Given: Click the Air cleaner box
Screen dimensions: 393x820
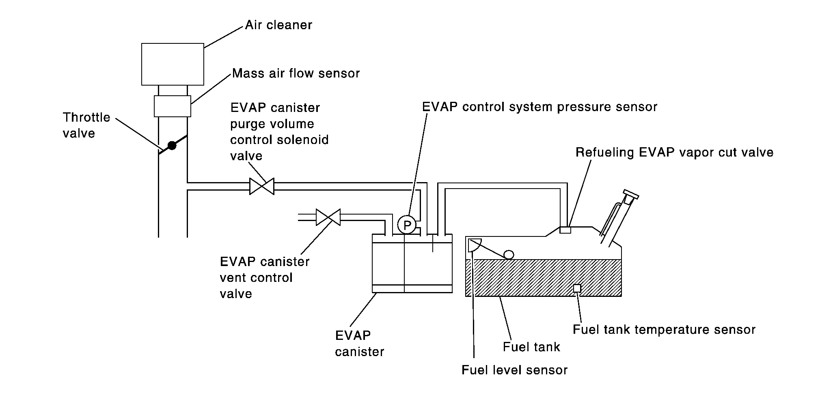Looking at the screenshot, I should click(x=173, y=64).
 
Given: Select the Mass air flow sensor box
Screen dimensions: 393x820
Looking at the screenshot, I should click(x=173, y=106).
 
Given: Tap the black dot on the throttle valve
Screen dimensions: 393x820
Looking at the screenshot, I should click(x=172, y=145).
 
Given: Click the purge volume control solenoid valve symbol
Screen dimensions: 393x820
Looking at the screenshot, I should click(x=262, y=186).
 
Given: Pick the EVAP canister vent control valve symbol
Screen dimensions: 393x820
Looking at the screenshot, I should click(x=328, y=217).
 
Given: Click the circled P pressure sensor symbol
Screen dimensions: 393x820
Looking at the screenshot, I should click(x=407, y=225).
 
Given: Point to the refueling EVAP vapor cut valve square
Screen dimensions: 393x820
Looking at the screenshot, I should click(x=565, y=230).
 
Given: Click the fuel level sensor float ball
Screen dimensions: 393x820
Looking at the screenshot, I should click(x=509, y=254).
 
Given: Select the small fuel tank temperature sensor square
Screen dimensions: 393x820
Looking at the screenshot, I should click(x=576, y=288).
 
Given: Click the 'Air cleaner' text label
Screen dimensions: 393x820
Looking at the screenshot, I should click(x=278, y=25).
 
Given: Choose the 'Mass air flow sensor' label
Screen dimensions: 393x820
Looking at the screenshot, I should click(x=296, y=73).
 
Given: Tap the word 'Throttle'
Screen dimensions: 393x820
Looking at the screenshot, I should click(x=86, y=118).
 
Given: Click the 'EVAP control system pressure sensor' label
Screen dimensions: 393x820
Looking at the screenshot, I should click(x=539, y=107).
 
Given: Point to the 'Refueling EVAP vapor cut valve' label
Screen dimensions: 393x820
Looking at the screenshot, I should click(x=674, y=152).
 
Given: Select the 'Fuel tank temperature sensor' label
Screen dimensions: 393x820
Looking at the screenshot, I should click(x=664, y=330).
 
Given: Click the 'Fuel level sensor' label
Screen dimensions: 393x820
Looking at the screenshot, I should click(x=514, y=370).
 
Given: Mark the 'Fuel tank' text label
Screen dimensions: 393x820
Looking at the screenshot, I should click(x=531, y=347).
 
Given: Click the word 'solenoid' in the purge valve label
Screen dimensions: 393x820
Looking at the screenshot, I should click(x=304, y=140).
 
